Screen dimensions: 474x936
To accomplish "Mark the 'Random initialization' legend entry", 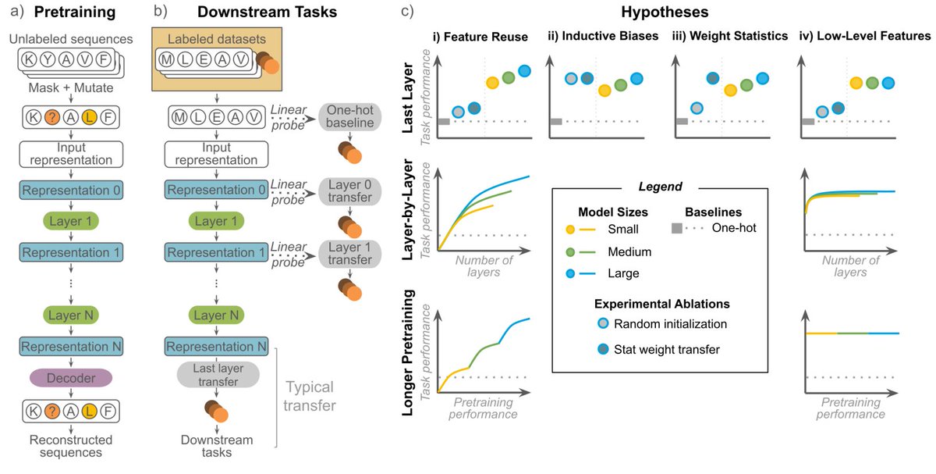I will pyautogui.click(x=667, y=324).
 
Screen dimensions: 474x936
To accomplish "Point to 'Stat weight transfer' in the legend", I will pyautogui.click(x=664, y=349).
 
